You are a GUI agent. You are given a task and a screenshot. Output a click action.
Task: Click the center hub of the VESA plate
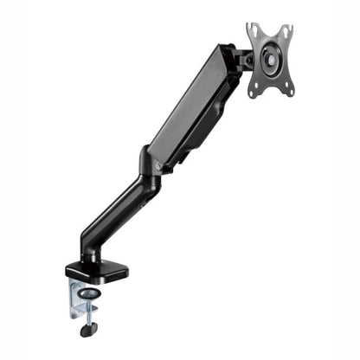click(270, 61)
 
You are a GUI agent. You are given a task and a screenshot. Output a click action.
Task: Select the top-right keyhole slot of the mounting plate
click(287, 32)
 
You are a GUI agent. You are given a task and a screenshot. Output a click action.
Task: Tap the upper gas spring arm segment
click(190, 108)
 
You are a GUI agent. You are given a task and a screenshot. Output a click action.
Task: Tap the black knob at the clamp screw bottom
click(87, 330)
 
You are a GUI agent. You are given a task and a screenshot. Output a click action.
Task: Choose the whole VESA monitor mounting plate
click(270, 61)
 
